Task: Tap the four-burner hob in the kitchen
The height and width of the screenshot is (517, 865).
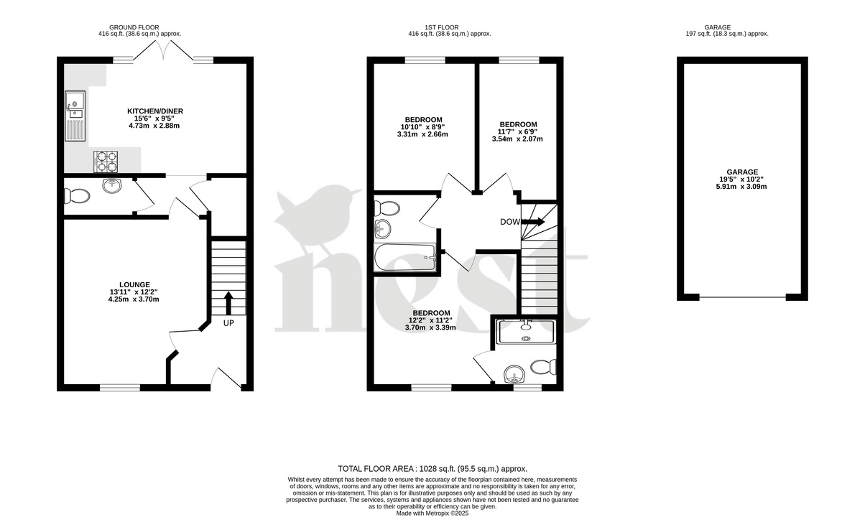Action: [x=106, y=162]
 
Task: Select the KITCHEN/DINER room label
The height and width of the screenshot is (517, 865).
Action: [x=155, y=111]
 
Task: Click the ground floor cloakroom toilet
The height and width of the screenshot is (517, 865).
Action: [x=75, y=195]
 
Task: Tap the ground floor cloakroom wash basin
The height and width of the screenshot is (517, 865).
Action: [x=112, y=186]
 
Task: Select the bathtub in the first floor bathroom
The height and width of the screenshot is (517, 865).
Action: [x=404, y=257]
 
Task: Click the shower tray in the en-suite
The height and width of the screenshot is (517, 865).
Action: [x=526, y=330]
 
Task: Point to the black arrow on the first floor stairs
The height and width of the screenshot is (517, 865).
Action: [x=532, y=222]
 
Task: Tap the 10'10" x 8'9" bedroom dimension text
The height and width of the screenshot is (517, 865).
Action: [x=423, y=126]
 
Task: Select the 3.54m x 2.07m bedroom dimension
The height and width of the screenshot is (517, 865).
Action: [x=517, y=139]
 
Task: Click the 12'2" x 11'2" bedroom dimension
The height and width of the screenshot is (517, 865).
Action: [x=432, y=320]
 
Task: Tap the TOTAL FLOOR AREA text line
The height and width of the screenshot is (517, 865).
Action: [x=432, y=467]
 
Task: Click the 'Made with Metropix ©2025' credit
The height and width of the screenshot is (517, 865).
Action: [x=432, y=513]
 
